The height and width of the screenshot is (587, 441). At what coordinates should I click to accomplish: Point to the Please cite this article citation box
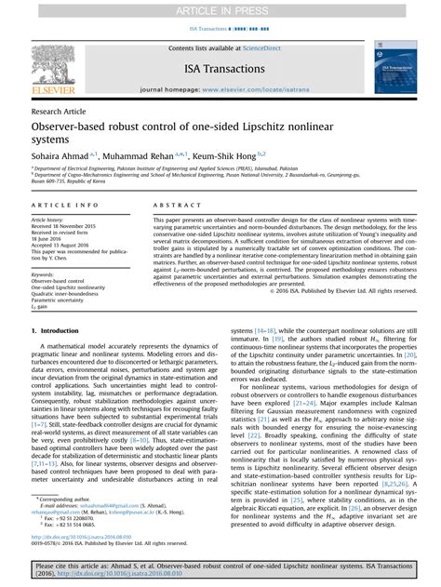[x=220, y=571]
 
